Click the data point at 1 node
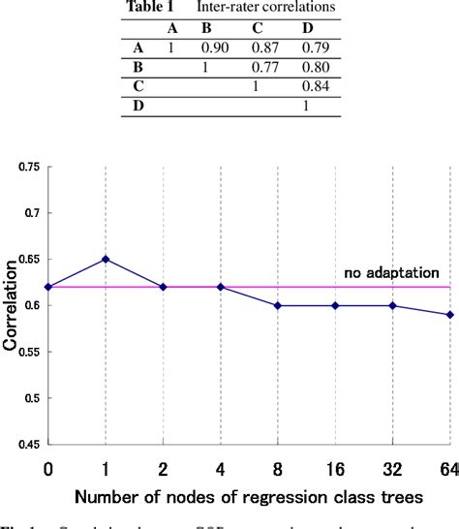point(106,259)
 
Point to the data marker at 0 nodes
point(48,287)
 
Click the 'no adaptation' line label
point(392,274)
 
